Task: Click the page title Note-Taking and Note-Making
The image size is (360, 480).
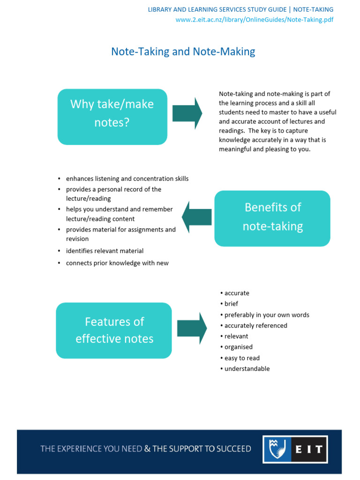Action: [183, 52]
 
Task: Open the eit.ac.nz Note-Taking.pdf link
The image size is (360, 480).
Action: [255, 20]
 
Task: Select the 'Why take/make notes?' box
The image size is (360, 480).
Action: [112, 117]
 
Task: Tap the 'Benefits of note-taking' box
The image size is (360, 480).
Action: [272, 218]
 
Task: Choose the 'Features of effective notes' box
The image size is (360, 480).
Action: [114, 330]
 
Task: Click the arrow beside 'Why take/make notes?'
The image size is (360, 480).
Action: [187, 113]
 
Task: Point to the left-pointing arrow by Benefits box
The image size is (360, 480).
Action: [196, 217]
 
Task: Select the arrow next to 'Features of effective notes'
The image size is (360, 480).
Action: [192, 329]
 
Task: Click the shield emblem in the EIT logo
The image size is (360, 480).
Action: [277, 449]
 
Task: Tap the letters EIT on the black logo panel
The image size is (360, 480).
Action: [309, 449]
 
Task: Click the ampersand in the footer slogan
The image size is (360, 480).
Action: [147, 449]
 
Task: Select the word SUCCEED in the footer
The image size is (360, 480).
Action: [234, 449]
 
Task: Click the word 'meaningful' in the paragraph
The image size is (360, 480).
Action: [235, 149]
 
